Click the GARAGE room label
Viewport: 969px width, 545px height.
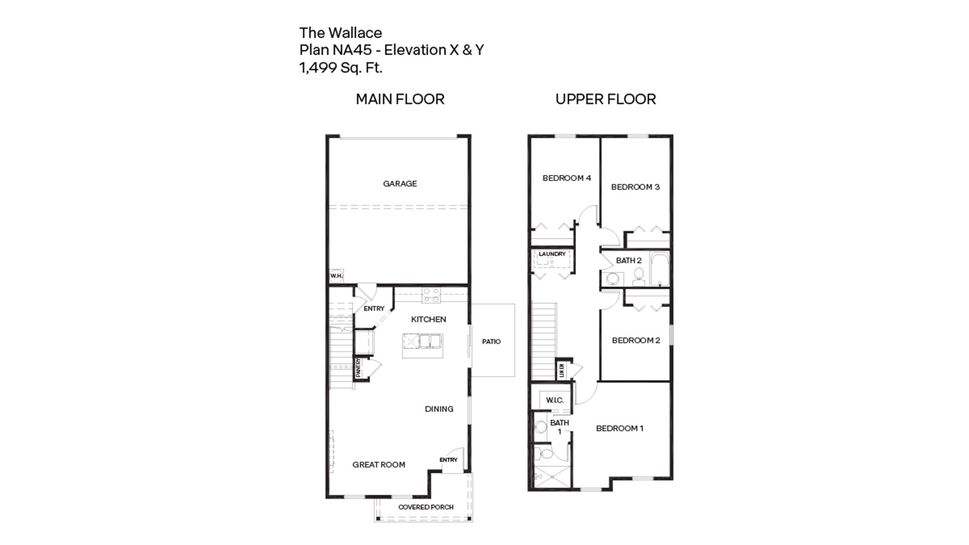[400, 183]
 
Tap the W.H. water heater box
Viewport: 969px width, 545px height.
[336, 276]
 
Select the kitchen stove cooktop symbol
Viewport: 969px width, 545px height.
[431, 295]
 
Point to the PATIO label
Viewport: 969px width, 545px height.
[491, 342]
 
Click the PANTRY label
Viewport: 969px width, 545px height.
[359, 368]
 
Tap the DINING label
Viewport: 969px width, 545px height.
[438, 409]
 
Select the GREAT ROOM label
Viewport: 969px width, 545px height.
[379, 464]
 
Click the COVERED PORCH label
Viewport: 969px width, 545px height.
[426, 507]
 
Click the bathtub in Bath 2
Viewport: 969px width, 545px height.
[659, 270]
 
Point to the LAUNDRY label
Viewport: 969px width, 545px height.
[552, 254]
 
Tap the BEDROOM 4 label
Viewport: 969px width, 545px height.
[566, 178]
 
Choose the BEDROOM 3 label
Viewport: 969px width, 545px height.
[635, 187]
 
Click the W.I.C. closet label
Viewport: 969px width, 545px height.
[555, 400]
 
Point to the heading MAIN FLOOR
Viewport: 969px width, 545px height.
[400, 99]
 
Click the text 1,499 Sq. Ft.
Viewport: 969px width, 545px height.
[341, 67]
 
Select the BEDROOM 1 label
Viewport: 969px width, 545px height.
[619, 428]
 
